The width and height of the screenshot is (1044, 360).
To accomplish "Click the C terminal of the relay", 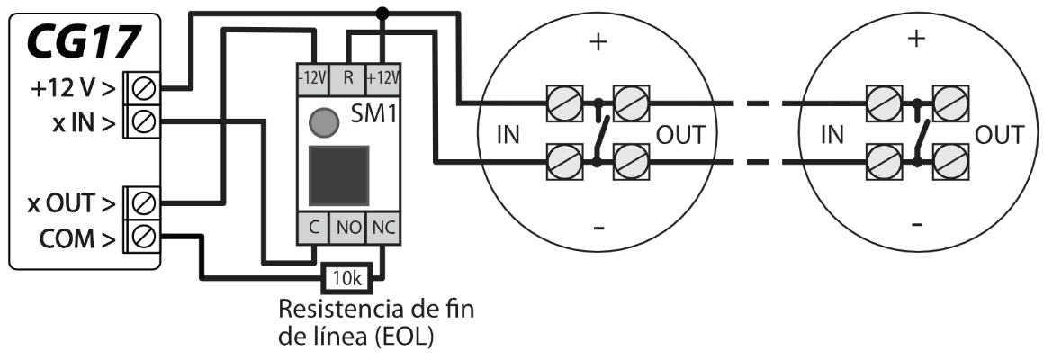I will tap(312, 229).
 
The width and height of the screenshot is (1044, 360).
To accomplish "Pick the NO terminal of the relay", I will tap(348, 229).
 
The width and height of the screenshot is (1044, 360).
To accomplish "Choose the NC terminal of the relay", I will tap(384, 229).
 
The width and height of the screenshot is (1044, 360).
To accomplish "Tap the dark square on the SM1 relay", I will tap(338, 175).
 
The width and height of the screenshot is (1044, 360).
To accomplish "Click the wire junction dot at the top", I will tap(382, 13).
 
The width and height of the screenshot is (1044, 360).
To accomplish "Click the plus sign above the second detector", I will tap(916, 40).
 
